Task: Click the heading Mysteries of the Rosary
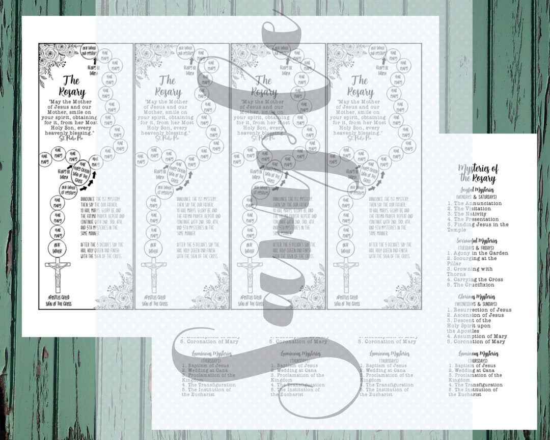click(478, 173)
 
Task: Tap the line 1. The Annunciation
click(474, 203)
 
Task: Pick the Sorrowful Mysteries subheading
click(477, 240)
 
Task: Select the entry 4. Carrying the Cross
click(475, 280)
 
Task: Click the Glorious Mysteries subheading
click(477, 297)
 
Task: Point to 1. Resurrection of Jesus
click(479, 310)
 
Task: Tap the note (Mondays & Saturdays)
click(477, 197)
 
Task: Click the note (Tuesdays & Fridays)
click(477, 247)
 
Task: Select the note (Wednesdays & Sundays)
click(477, 304)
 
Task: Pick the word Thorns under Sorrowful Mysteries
click(456, 274)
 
